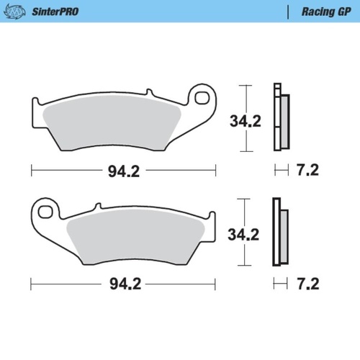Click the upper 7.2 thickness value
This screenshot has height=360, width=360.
pyautogui.click(x=307, y=171)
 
